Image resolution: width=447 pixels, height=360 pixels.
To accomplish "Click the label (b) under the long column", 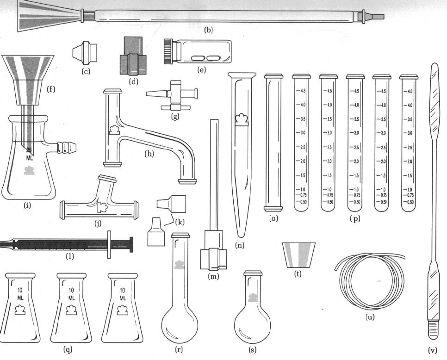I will [x=208, y=31].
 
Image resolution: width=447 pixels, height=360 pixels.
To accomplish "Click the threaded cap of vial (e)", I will [x=168, y=50].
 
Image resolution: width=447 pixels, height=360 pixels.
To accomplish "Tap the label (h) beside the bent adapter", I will [x=149, y=154].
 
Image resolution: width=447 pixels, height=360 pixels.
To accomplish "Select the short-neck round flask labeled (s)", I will [x=253, y=315].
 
